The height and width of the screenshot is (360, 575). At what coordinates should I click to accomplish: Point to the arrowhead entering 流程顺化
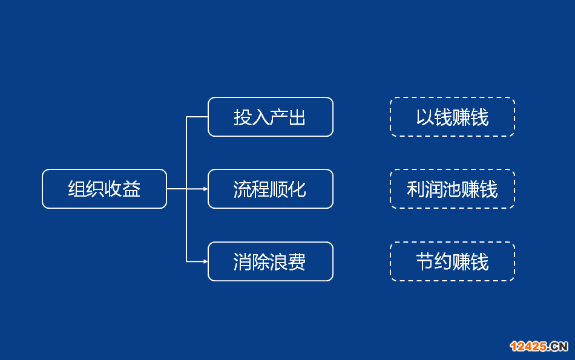pyautogui.click(x=206, y=189)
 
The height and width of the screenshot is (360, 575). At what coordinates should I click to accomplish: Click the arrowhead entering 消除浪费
pyautogui.click(x=206, y=261)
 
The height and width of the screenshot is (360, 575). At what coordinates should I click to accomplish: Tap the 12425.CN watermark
pyautogui.click(x=539, y=346)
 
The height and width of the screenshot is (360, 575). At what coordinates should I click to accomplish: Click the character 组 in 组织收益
pyautogui.click(x=77, y=189)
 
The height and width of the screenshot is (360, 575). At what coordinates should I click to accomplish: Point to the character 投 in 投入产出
pyautogui.click(x=243, y=117)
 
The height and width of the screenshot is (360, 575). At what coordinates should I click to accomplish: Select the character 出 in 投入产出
pyautogui.click(x=297, y=117)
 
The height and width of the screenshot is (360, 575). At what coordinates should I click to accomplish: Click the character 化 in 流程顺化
pyautogui.click(x=297, y=189)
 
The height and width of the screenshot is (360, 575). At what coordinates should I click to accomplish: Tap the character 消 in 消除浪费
pyautogui.click(x=243, y=262)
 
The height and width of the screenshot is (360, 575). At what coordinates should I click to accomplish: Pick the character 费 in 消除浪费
pyautogui.click(x=297, y=262)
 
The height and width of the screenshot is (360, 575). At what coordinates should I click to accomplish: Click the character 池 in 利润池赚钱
pyautogui.click(x=452, y=189)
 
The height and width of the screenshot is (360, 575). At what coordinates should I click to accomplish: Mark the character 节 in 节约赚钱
pyautogui.click(x=425, y=262)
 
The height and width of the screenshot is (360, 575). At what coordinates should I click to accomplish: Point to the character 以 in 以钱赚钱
pyautogui.click(x=425, y=117)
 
